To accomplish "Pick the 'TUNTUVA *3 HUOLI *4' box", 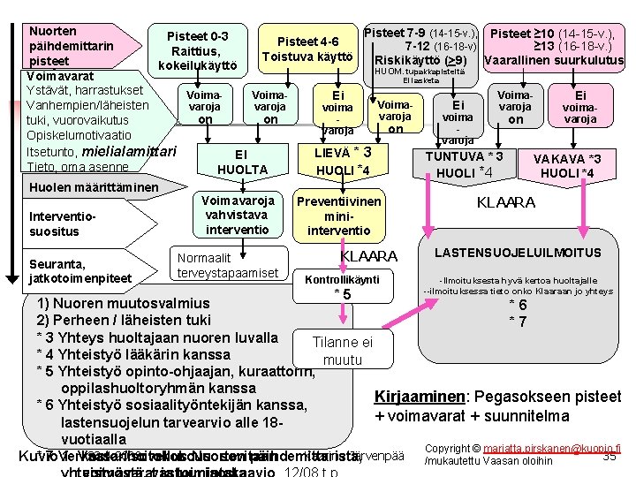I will pos(466,163).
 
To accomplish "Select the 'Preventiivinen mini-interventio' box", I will pos(338,216).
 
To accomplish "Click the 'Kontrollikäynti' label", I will pos(341,279).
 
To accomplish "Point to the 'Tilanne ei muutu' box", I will pos(343,351).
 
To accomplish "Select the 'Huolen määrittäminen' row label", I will pos(81,187).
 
